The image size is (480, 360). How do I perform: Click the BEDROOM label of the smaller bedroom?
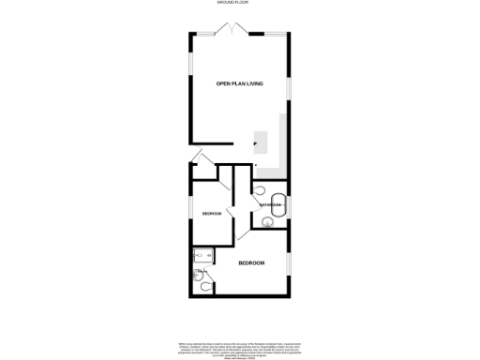click(213, 215)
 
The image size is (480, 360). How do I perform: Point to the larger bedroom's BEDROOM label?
click(251, 263)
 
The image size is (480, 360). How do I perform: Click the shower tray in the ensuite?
click(202, 255)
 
